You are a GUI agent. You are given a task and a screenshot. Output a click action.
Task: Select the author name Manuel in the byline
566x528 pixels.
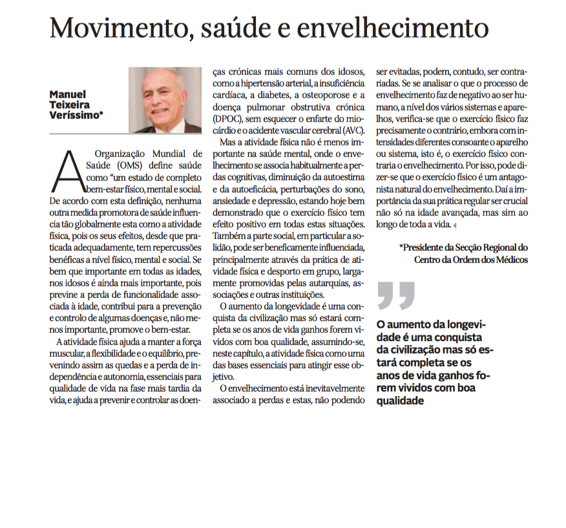click(x=68, y=94)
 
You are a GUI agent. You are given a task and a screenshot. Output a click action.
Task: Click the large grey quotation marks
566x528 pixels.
click(x=395, y=295)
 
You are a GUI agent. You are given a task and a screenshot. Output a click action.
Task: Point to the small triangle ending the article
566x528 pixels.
click(x=455, y=226)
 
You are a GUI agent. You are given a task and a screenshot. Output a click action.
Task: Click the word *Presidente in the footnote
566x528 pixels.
click(x=429, y=248)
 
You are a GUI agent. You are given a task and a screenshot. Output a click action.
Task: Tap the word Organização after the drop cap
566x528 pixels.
click(x=122, y=154)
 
